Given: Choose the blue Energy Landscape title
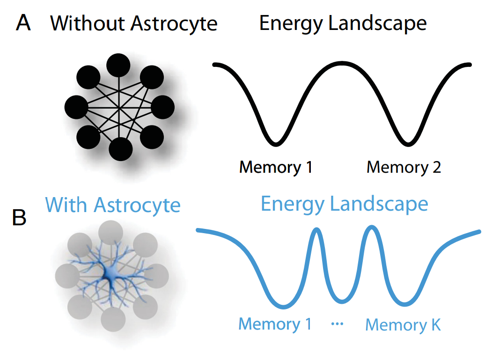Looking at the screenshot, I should pyautogui.click(x=344, y=204).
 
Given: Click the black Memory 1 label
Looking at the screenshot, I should pyautogui.click(x=276, y=167).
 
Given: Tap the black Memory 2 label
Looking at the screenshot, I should pyautogui.click(x=404, y=167).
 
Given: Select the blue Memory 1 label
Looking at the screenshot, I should pyautogui.click(x=275, y=323).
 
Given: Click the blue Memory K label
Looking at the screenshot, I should pyautogui.click(x=403, y=324).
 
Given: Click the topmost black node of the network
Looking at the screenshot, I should pyautogui.click(x=119, y=66).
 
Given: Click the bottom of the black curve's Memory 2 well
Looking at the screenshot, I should pyautogui.click(x=408, y=142).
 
